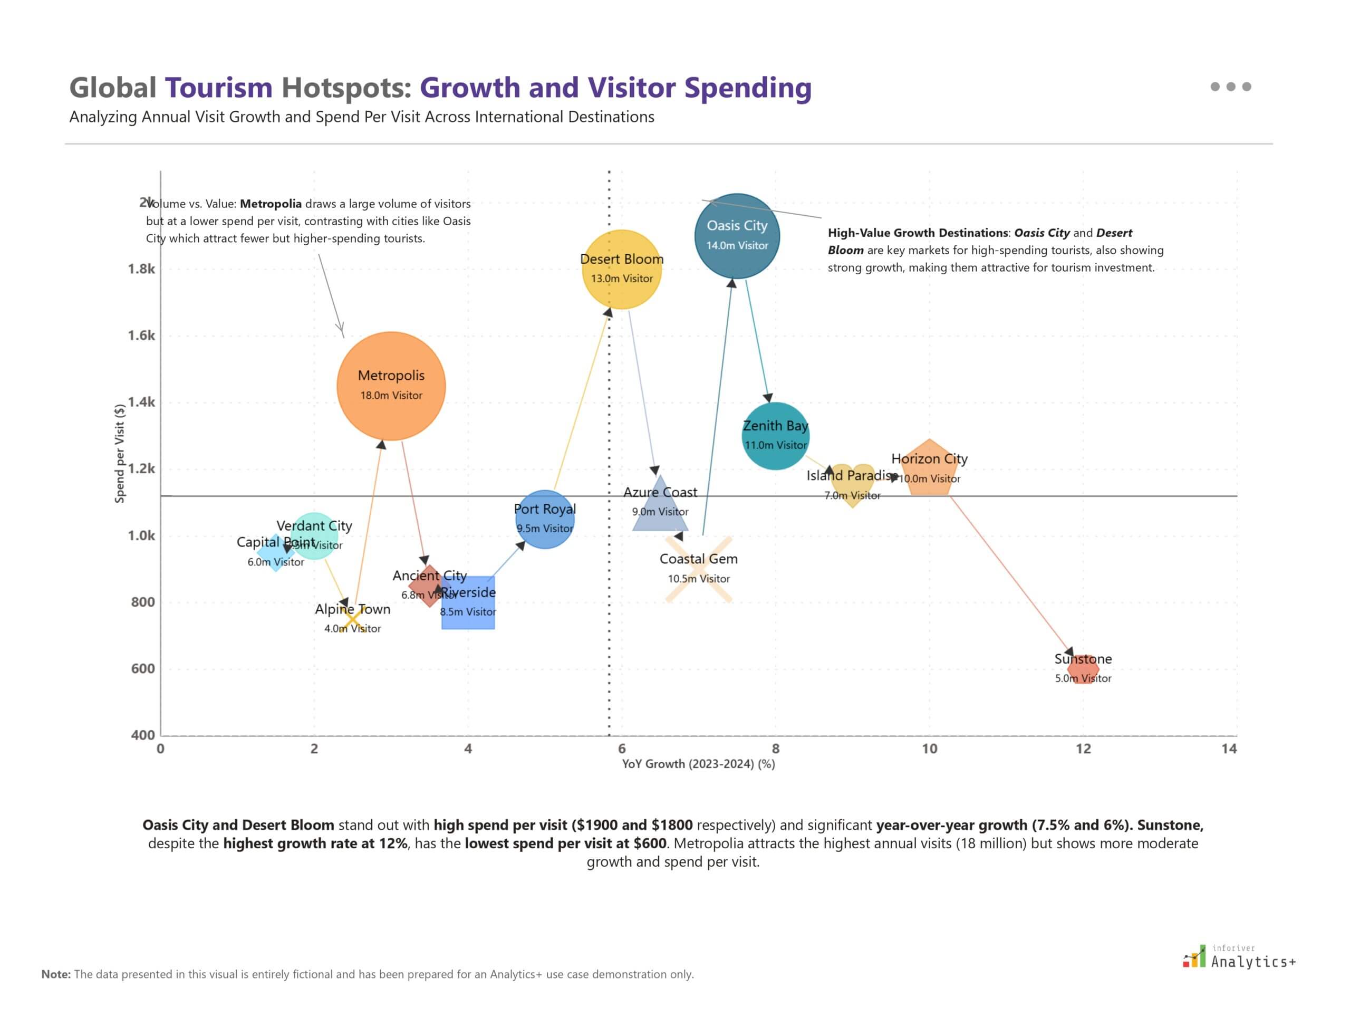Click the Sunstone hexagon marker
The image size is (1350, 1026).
1083,670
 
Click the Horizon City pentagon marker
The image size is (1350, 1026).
929,469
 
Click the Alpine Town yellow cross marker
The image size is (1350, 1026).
352,620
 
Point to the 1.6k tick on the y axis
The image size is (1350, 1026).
141,335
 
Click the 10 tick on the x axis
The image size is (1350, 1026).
929,749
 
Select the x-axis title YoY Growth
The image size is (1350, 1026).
698,764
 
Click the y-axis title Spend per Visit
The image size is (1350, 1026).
120,453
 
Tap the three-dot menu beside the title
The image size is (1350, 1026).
1230,87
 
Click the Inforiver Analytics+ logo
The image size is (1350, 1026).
1239,957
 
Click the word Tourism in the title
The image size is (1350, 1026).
219,88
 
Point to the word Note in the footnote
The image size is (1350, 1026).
55,974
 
